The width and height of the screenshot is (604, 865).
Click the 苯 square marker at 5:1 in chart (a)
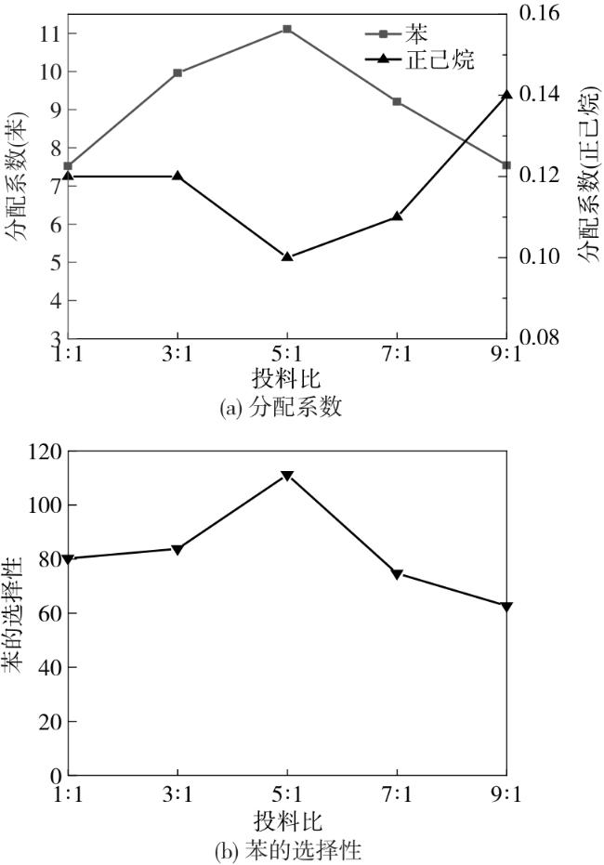[287, 29]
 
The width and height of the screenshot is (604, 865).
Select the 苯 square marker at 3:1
[177, 72]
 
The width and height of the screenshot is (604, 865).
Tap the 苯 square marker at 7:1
[397, 101]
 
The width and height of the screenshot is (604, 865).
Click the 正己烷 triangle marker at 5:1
[287, 256]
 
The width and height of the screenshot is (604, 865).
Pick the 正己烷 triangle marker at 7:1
[397, 216]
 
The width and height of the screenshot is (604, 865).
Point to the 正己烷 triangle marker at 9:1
[506, 95]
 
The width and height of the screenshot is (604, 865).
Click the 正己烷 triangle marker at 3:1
[177, 175]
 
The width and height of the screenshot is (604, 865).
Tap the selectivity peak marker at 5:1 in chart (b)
[287, 476]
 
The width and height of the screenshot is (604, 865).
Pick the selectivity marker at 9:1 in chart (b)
[506, 606]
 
